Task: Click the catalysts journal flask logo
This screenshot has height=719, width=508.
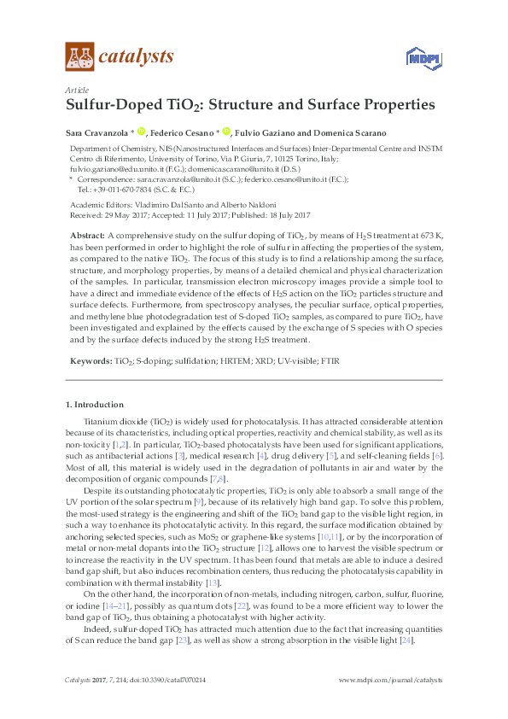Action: (x=79, y=56)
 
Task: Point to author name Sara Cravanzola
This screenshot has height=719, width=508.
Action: (x=96, y=132)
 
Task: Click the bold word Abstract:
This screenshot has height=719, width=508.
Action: (x=88, y=233)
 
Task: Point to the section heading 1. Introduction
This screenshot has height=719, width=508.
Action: (x=95, y=404)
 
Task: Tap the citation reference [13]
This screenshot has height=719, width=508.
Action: (x=213, y=582)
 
